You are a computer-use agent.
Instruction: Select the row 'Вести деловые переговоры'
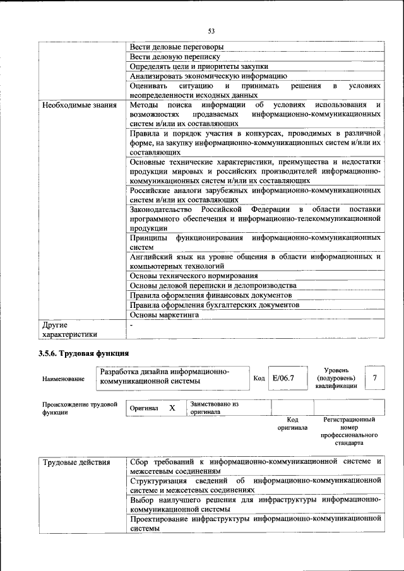(176, 47)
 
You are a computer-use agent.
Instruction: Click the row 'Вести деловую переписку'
(175, 57)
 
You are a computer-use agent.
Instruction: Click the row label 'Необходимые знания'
(80, 105)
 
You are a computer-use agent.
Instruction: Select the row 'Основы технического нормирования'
(193, 276)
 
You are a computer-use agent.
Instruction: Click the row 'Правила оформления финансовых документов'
(210, 295)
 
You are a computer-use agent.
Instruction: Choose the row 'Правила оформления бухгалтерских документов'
(214, 305)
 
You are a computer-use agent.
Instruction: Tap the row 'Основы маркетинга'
(164, 314)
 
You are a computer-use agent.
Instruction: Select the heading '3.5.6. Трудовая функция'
(83, 353)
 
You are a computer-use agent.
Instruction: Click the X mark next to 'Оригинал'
(172, 408)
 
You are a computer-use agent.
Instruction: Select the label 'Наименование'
(63, 379)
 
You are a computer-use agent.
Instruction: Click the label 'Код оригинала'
(292, 423)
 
